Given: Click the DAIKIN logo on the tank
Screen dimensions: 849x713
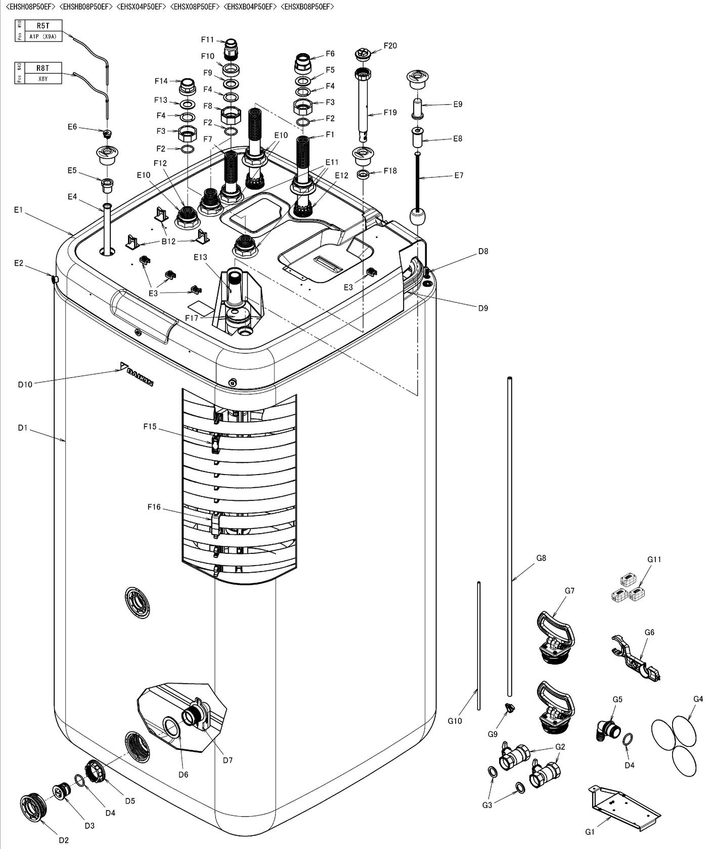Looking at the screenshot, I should coord(137,374).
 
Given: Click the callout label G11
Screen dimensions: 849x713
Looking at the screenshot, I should coord(654,559).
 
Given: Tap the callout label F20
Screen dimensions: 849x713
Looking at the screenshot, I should coord(390,46).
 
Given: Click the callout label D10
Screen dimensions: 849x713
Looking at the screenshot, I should coord(25,385).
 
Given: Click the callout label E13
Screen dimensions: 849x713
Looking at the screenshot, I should coord(200,257).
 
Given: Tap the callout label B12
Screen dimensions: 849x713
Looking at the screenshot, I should coord(168,242).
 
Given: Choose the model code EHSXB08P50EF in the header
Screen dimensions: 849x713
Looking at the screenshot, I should coord(307,7).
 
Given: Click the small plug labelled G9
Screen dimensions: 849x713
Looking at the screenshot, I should coord(509,708).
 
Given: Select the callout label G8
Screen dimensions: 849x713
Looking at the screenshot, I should coord(541,558).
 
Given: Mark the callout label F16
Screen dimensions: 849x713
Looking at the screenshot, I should coord(154,507).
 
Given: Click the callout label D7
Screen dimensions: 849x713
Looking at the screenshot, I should coord(228,760).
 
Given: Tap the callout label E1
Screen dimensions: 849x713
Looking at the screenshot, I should coord(18,210).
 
